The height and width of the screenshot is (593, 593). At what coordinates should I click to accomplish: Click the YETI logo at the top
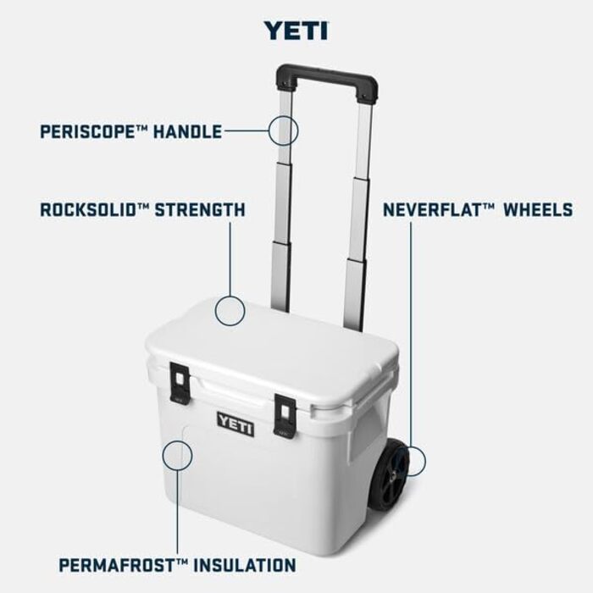295,30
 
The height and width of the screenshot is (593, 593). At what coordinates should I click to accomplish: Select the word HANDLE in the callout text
187,131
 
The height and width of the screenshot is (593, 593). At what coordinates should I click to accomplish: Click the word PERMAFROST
116,564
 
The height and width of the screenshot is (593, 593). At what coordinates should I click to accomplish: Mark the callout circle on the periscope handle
284,130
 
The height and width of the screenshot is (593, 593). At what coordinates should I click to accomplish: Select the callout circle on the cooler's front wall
177,454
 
